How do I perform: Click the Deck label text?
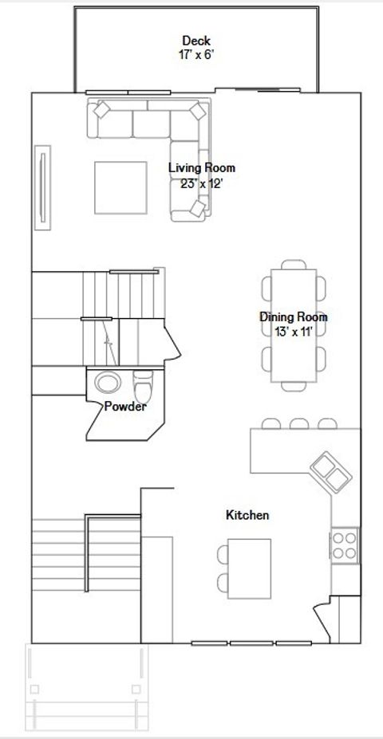(196, 41)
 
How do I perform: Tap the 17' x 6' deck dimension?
(197, 55)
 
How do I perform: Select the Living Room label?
(202, 167)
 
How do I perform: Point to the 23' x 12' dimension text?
(201, 184)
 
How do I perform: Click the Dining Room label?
(294, 317)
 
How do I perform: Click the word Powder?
(125, 407)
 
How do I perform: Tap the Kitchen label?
(247, 515)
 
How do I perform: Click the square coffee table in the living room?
(120, 187)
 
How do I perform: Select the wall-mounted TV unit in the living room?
(42, 187)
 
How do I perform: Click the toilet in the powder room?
(144, 385)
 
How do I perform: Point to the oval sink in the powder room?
(108, 382)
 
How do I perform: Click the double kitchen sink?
(330, 473)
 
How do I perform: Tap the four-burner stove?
(345, 546)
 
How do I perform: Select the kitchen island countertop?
(249, 569)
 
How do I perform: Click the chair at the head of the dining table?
(294, 265)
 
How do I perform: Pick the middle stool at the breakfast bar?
(299, 423)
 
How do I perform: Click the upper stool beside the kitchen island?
(223, 554)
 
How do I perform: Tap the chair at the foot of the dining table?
(294, 387)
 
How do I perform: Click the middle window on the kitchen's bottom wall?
(251, 643)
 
